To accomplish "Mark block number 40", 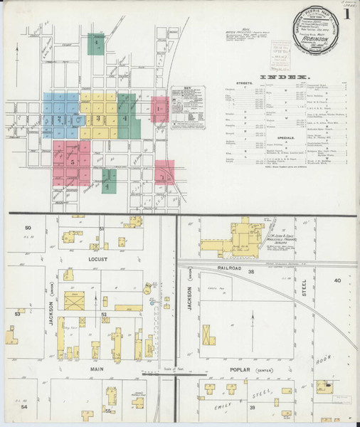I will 337,280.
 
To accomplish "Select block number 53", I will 18,312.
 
